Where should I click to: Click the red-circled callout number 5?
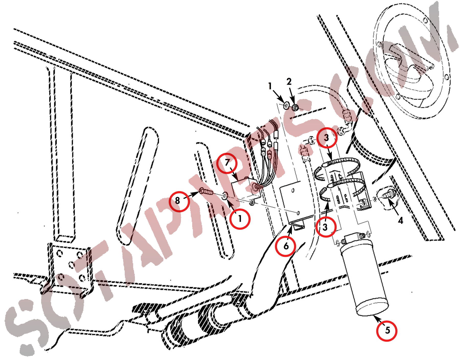[x=387, y=331]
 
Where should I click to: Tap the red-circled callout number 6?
[x=286, y=246]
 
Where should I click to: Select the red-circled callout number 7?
[x=227, y=163]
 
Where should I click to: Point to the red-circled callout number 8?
[x=179, y=201]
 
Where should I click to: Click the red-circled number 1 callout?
[x=240, y=219]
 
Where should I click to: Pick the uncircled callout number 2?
[x=289, y=82]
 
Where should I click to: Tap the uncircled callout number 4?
[x=400, y=220]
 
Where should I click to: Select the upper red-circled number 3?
[x=327, y=138]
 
